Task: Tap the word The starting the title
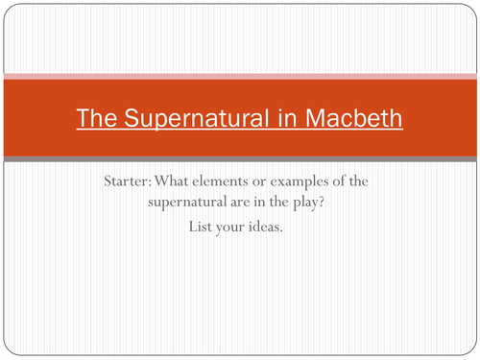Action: coord(98,120)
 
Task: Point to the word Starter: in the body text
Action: coord(128,181)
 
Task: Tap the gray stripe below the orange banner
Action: coord(240,158)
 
